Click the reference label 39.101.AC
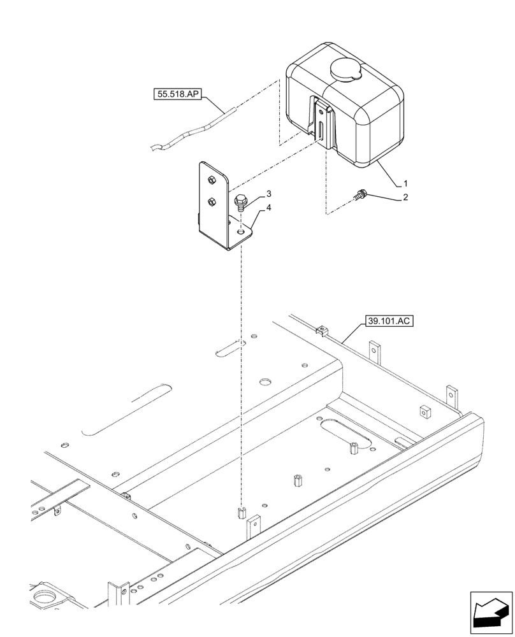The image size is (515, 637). (x=389, y=321)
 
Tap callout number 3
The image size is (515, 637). (x=252, y=193)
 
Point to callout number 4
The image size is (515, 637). (x=252, y=208)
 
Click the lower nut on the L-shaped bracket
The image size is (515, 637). (x=212, y=203)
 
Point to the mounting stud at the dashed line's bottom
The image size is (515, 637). (x=241, y=512)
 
